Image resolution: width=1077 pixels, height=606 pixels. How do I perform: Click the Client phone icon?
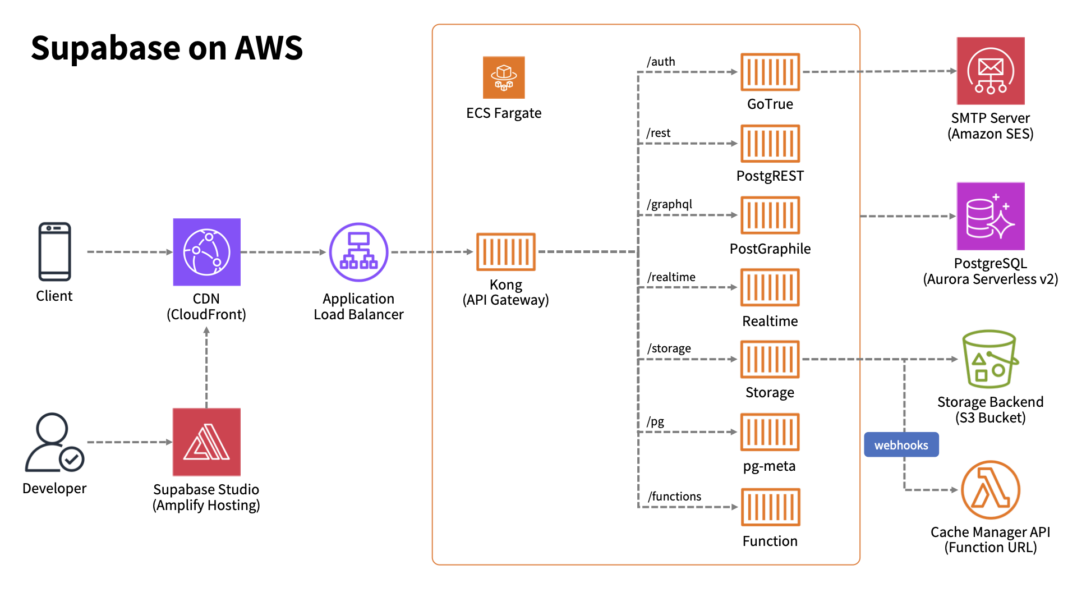coord(54,251)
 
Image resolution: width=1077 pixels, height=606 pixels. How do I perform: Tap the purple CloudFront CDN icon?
coord(206,252)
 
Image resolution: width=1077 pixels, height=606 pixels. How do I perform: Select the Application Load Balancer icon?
coord(358,252)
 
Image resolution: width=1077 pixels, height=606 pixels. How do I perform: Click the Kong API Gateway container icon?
coord(505,252)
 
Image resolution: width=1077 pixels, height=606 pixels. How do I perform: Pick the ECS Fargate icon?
coord(504,77)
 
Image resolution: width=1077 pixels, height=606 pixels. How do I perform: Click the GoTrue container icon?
coord(770,72)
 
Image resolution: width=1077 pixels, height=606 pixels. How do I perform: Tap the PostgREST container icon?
coord(770,144)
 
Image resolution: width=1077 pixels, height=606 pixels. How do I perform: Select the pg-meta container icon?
coord(770,432)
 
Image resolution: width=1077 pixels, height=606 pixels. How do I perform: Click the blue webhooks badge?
coord(901,445)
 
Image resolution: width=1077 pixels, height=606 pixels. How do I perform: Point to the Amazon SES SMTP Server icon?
coord(991,71)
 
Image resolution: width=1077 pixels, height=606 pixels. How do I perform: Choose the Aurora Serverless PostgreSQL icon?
coord(991,216)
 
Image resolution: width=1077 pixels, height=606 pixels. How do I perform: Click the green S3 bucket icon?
coord(990,359)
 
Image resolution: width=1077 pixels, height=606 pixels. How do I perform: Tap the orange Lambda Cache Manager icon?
coord(990,490)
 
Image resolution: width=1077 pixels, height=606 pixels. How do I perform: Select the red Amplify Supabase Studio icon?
coord(206,442)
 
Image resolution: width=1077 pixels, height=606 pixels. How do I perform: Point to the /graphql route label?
coord(669,204)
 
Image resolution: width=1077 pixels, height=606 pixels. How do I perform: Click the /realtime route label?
coord(671,277)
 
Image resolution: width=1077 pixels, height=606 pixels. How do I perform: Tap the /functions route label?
coord(674,497)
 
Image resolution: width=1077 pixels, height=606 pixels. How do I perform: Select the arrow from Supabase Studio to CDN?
coord(206,368)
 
